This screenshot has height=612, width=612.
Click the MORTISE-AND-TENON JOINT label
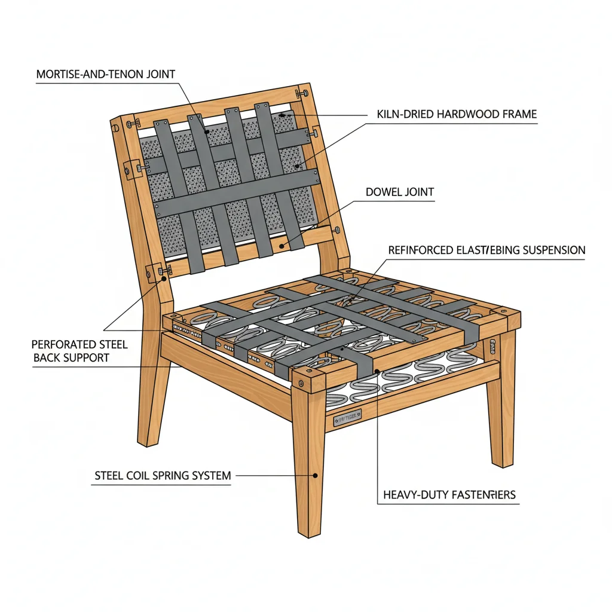[106, 75]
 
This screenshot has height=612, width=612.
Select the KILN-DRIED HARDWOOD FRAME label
[457, 114]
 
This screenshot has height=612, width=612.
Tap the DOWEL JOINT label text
[400, 192]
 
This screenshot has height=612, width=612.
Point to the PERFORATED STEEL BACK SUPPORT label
[79, 351]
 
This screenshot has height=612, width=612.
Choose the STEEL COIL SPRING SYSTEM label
[163, 476]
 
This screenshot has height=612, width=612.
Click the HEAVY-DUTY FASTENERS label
[448, 495]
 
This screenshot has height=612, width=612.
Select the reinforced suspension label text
[486, 250]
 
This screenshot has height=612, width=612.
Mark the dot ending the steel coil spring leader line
[316, 476]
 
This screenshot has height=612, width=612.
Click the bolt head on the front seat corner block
[303, 380]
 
